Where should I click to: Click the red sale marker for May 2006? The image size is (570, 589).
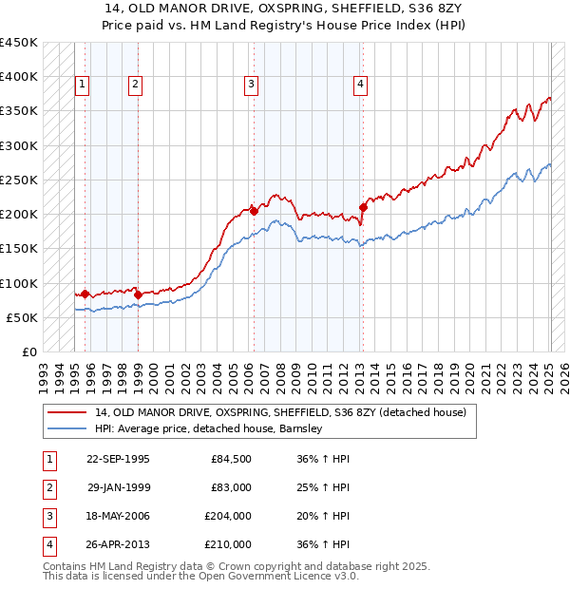tap(255, 211)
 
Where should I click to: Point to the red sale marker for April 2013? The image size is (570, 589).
tap(364, 207)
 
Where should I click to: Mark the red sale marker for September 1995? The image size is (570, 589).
tap(85, 294)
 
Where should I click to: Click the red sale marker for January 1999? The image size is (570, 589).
tap(138, 294)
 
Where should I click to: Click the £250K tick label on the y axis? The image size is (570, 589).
tap(19, 180)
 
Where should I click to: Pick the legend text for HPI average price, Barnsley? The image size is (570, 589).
tap(209, 428)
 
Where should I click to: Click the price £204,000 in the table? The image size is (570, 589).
tap(228, 518)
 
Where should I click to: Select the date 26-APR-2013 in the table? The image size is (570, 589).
tap(118, 544)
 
